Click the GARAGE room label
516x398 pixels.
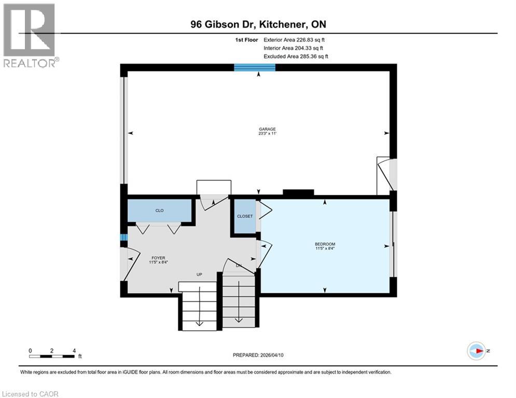coord(268,129)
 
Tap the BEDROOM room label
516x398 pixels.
coord(325,244)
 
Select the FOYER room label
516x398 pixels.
coord(158,258)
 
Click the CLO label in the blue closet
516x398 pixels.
coord(160,211)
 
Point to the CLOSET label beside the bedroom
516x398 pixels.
coord(244,216)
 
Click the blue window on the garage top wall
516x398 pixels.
coord(254,67)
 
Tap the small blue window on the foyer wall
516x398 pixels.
coord(123,238)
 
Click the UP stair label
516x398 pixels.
coord(199,274)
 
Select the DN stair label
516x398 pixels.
coord(239,266)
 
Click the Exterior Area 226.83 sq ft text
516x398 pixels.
coord(295,39)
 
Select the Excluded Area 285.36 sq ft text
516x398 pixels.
coord(296,56)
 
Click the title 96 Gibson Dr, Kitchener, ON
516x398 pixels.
coord(258,24)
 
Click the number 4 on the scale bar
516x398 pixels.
coord(74,350)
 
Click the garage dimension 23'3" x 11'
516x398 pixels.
coord(268,134)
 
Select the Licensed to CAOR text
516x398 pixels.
coord(31,394)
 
